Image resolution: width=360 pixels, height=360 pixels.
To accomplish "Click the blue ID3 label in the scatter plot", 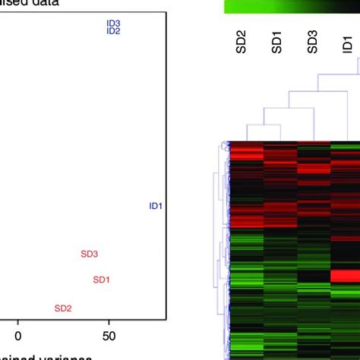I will pos(114,24).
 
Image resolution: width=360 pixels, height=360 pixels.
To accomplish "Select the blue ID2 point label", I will pos(114,31).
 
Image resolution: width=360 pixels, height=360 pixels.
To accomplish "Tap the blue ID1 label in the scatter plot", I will pos(156,206).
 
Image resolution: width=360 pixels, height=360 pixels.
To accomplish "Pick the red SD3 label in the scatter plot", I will pos(90,254).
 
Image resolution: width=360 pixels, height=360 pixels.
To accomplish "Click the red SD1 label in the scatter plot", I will pos(101,279).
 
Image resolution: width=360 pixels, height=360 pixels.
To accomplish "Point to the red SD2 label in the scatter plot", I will pos(63,308).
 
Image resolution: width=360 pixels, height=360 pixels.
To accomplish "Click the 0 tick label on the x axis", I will pos(19,334).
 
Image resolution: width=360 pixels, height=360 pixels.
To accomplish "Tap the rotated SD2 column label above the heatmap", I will pos(242,43).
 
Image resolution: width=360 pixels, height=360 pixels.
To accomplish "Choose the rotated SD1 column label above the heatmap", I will pos(277,43).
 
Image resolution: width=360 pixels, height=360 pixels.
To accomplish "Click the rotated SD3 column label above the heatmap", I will pos(312,43).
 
